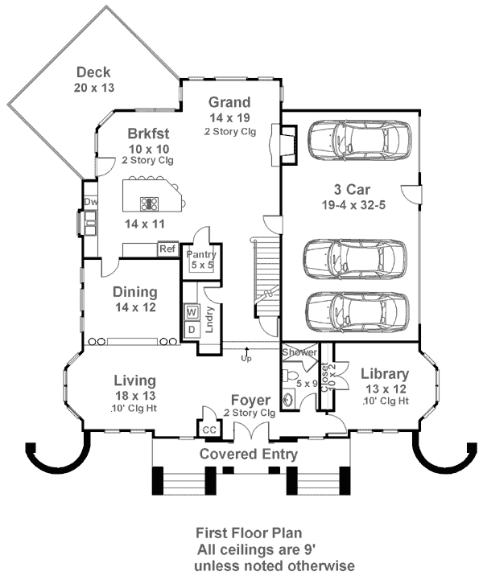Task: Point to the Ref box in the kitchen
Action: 167,249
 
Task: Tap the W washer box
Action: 192,311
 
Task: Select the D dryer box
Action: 192,329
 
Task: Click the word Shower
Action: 299,352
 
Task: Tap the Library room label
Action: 385,374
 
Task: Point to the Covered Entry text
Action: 249,454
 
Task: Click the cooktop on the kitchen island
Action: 150,204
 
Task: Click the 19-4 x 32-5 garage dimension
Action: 352,206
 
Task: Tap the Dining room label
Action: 134,292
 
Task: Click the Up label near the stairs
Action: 246,358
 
